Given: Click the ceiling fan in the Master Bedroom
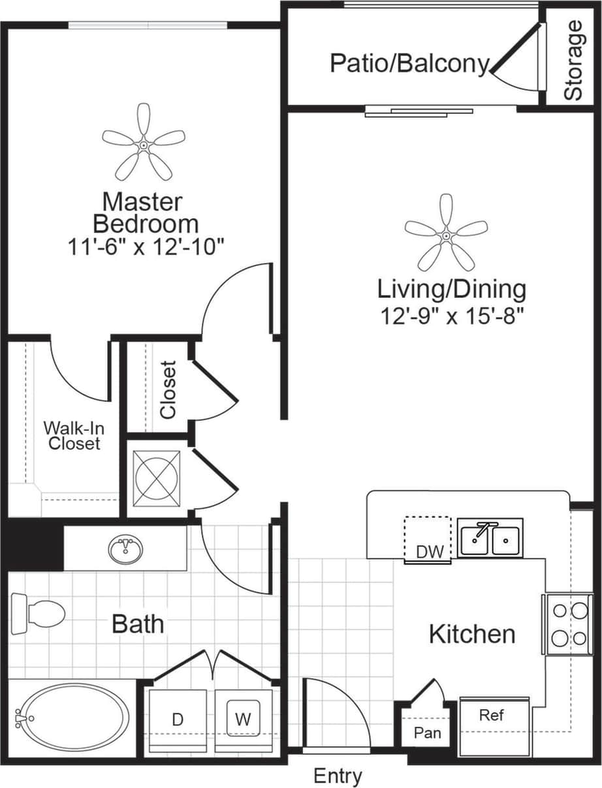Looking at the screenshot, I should [x=144, y=143].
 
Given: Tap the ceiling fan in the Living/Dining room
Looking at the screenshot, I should [x=446, y=233].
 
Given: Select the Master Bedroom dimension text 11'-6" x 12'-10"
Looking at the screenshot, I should [x=146, y=247].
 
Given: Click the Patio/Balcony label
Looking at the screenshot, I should [x=409, y=64].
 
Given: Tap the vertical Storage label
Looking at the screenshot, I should [x=573, y=61].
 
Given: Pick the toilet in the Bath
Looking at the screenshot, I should [x=39, y=612].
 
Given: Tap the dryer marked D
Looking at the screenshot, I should [x=178, y=720].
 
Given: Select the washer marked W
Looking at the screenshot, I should [x=243, y=720].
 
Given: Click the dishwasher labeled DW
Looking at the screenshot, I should [x=428, y=539].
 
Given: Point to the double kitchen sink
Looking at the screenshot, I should [x=490, y=539].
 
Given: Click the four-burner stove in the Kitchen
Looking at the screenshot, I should [x=567, y=624].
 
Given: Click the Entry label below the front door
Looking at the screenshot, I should [x=338, y=776].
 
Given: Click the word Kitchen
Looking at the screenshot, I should [x=472, y=634].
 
